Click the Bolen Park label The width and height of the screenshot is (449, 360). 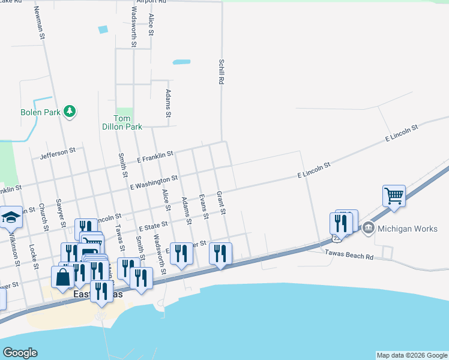(41, 112)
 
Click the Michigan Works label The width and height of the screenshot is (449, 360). (408, 229)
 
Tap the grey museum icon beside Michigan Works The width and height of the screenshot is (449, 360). (368, 228)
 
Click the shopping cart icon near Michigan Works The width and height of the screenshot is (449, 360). (394, 195)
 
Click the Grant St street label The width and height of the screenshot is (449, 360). (220, 203)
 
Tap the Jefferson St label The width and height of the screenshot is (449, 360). (58, 154)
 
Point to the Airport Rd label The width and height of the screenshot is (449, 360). (150, 2)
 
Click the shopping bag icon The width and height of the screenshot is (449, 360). (63, 277)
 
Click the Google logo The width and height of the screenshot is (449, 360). (20, 353)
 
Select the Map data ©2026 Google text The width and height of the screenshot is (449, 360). (412, 355)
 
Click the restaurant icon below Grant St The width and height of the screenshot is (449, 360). (221, 253)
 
